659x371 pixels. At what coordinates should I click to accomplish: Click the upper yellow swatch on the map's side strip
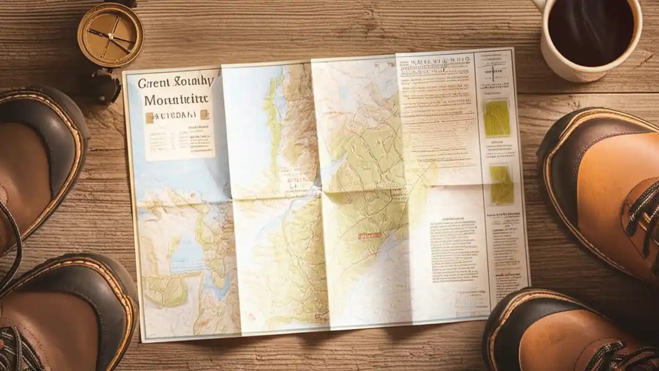pyautogui.click(x=497, y=118)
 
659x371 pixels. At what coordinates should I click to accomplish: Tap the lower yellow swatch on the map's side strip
pyautogui.click(x=501, y=184)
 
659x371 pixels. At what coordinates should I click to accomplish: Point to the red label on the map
pyautogui.click(x=369, y=235)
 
